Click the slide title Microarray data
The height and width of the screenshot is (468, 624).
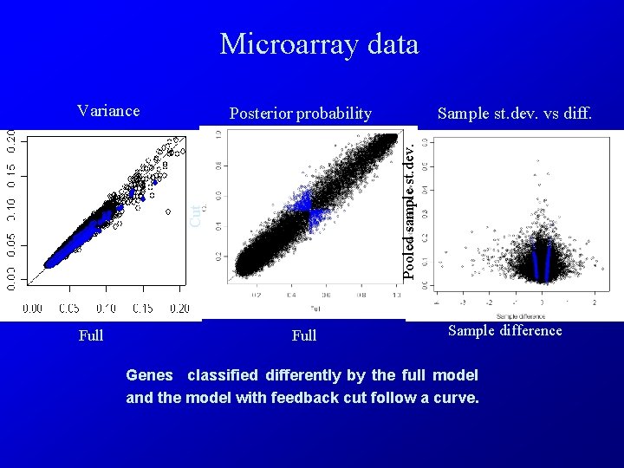(319, 44)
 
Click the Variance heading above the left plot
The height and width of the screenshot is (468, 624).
(108, 110)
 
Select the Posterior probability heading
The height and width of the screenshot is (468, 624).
(300, 114)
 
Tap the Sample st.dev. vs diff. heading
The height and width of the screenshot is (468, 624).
(515, 114)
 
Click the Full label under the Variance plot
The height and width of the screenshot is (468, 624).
(91, 335)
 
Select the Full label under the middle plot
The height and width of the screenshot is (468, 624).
(304, 335)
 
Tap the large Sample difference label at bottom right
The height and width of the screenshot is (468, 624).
(504, 330)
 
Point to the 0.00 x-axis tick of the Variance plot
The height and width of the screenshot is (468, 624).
(32, 309)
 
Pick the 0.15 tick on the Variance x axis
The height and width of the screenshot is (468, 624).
(131, 309)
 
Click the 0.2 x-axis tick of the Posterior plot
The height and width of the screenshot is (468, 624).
(257, 296)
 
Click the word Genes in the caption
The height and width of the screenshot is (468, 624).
(150, 375)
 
